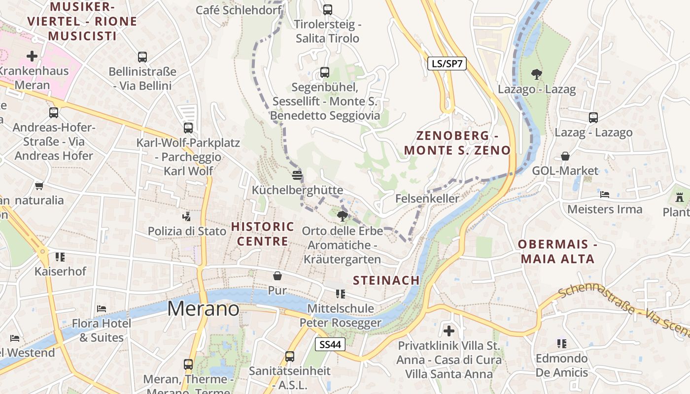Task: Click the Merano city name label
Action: (x=203, y=309)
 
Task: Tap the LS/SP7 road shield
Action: (x=447, y=63)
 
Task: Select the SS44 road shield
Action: (x=330, y=345)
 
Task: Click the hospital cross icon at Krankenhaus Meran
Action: (x=32, y=56)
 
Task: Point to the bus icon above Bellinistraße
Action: (x=142, y=57)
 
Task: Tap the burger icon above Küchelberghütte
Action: (x=297, y=175)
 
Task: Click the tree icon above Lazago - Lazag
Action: (x=536, y=74)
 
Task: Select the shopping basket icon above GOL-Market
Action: (x=565, y=156)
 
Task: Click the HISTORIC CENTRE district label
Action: (x=263, y=234)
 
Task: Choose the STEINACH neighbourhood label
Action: (x=386, y=280)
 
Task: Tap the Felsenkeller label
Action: (x=427, y=198)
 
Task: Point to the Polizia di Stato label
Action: (x=187, y=231)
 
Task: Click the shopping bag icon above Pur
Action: (x=277, y=276)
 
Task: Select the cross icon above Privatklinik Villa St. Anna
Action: (x=448, y=330)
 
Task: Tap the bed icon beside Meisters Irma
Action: (x=605, y=194)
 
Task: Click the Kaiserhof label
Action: (x=60, y=271)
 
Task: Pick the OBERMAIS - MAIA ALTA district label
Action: (x=556, y=251)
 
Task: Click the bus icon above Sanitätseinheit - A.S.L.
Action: (x=290, y=356)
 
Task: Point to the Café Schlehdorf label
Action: (x=239, y=10)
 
